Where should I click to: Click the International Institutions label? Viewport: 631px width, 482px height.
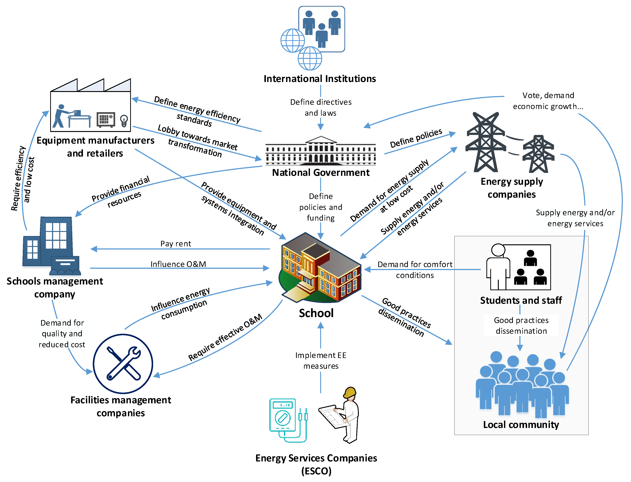point(320,79)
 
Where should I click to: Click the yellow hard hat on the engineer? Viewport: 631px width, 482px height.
point(350,392)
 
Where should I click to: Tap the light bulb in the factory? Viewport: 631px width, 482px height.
point(124,120)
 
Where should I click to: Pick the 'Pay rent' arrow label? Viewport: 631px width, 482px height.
point(176,244)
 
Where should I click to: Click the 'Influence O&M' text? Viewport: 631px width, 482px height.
point(178,264)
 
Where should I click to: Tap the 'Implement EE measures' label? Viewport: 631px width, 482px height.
point(321,361)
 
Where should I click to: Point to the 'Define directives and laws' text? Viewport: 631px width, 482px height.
point(321,107)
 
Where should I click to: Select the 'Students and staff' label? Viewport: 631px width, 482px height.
point(521,300)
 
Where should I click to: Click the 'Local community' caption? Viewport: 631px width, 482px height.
point(521,424)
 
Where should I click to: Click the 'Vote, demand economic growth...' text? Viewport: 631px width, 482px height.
point(548,101)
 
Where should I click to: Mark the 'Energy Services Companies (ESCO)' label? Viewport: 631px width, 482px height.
point(316,464)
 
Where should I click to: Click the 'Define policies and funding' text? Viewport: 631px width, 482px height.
point(321,207)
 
